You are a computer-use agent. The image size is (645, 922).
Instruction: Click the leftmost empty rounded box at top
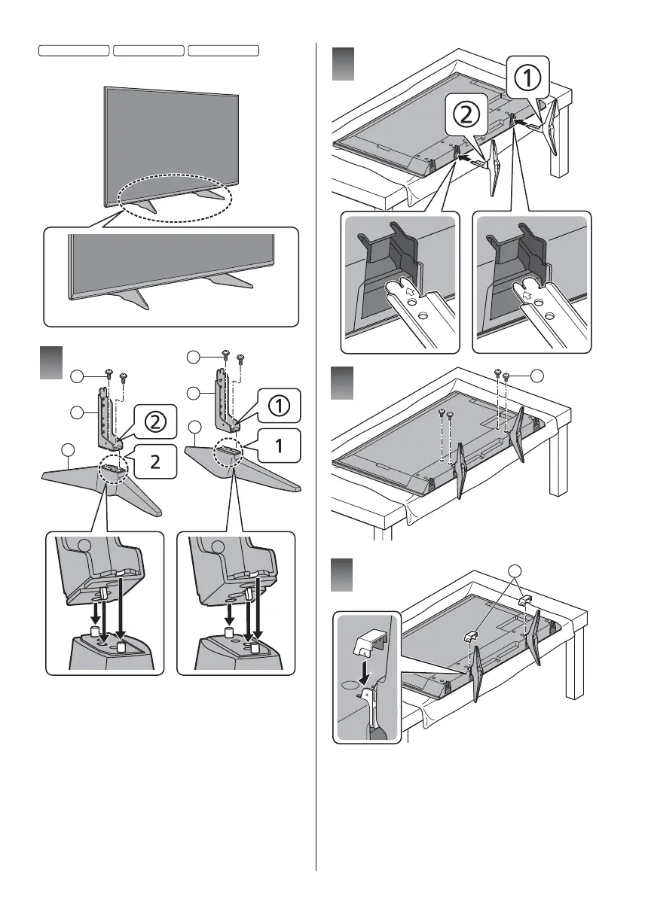tap(74, 50)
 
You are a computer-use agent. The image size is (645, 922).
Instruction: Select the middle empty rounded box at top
tap(148, 50)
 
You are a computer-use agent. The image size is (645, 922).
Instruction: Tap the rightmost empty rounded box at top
tap(223, 50)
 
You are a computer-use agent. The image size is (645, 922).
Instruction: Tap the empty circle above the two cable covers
tap(515, 571)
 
